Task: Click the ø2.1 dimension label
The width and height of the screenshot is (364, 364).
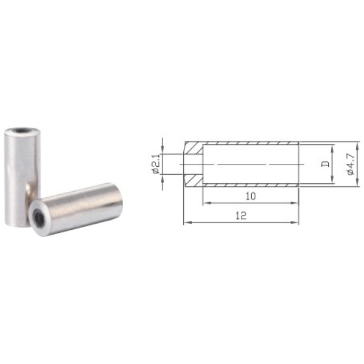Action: pos(157,164)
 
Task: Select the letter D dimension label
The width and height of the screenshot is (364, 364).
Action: pos(326,164)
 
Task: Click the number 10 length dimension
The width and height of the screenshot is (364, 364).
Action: pos(251,196)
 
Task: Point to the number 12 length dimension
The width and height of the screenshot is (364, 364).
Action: pos(241,216)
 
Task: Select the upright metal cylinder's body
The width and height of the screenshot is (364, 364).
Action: pos(22,177)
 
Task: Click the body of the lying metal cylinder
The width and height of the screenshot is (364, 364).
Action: pos(76,209)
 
